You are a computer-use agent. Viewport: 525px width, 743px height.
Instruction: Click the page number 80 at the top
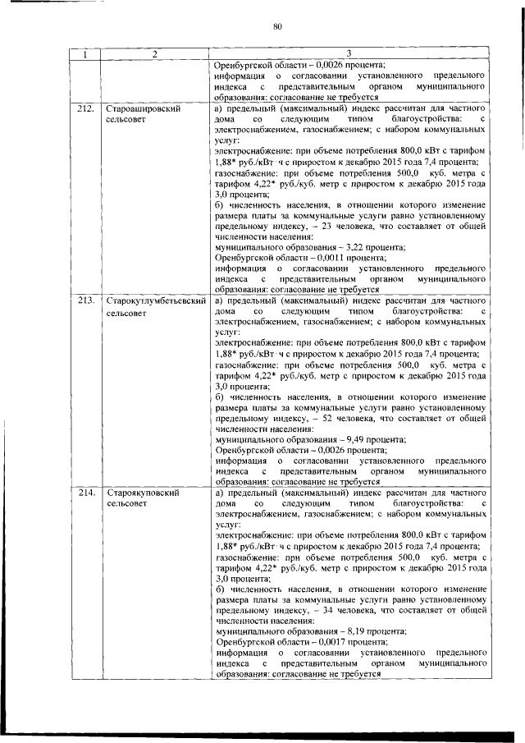click(277, 27)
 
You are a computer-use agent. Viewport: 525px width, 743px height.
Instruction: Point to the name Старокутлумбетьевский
click(155, 301)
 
